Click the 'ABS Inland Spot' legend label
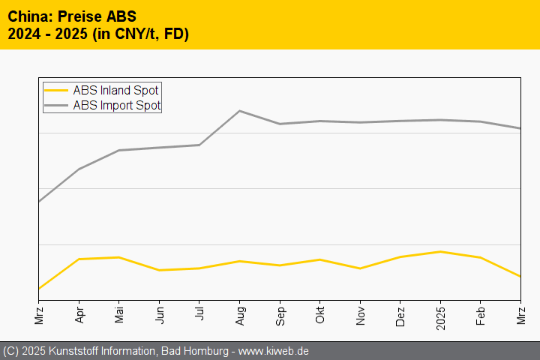click(x=115, y=91)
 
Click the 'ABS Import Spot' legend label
click(x=117, y=106)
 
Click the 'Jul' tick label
click(x=199, y=313)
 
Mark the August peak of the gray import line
click(x=239, y=111)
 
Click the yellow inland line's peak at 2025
click(x=440, y=251)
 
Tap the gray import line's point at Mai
click(x=119, y=150)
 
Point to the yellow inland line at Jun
click(x=159, y=270)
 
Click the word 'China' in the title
click(x=27, y=16)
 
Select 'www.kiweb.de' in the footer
click(x=274, y=351)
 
